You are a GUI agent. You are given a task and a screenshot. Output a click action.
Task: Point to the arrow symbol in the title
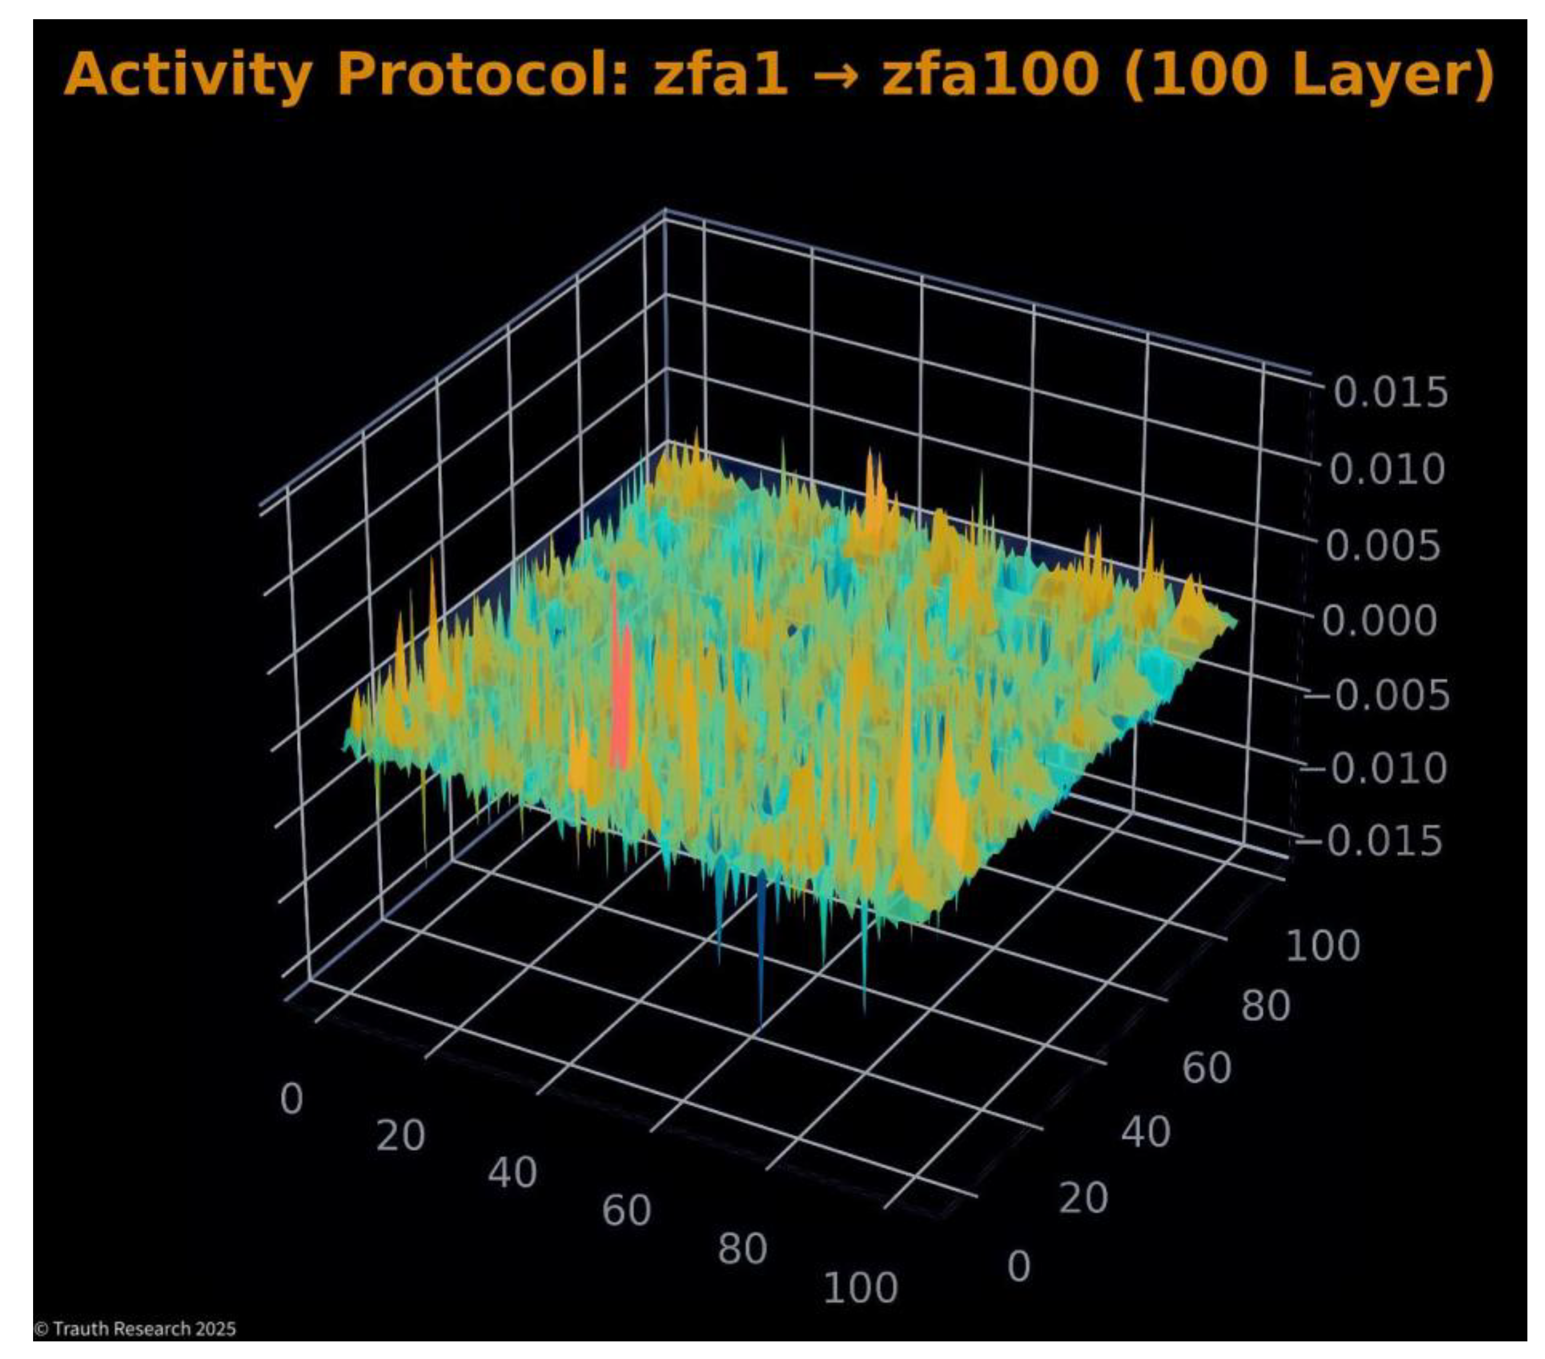tap(835, 76)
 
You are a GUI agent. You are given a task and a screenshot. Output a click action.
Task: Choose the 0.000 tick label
tap(1380, 621)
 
